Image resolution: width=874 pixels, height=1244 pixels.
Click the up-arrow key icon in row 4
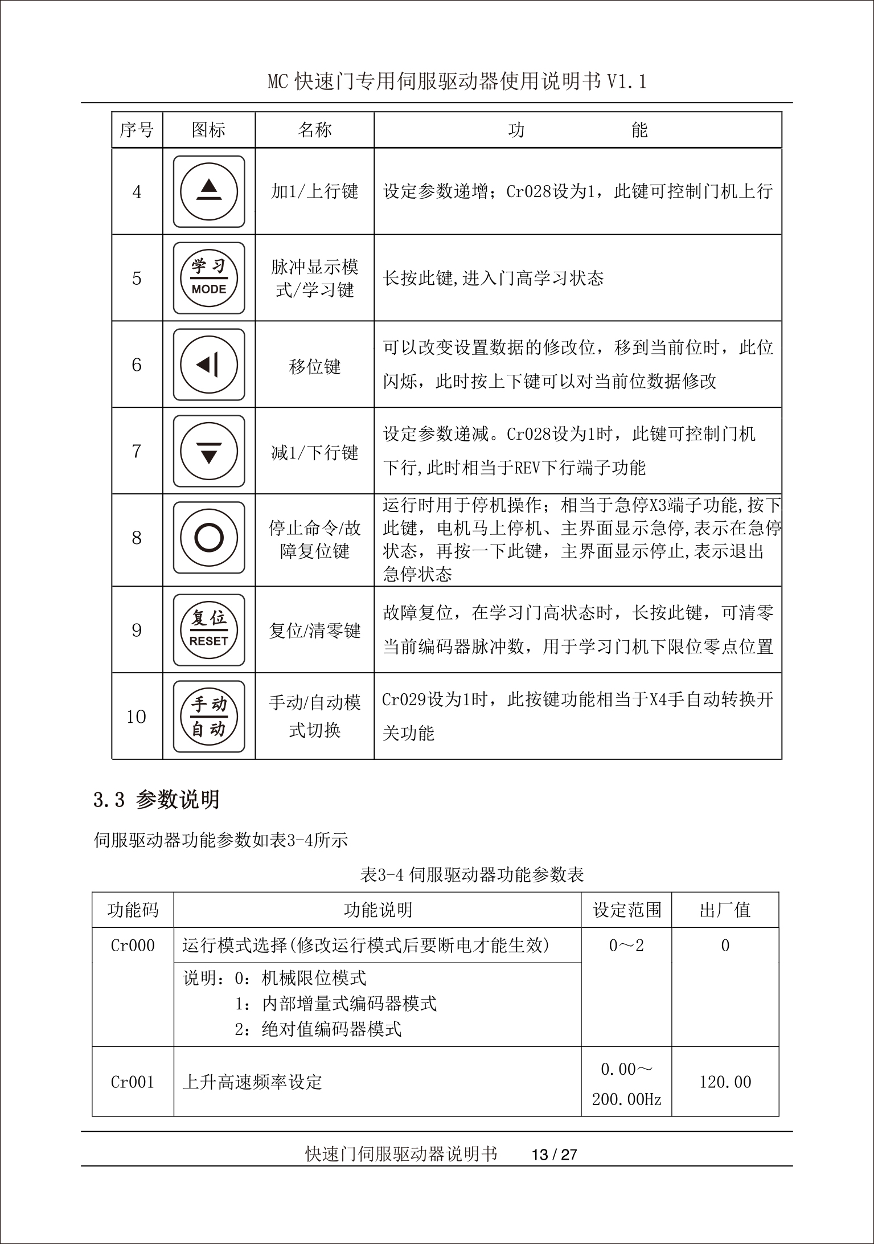tap(209, 191)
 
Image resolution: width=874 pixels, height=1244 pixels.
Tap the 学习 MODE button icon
tap(209, 278)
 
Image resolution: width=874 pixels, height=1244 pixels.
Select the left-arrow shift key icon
tap(209, 365)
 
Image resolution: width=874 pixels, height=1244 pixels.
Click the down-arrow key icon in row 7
tap(209, 451)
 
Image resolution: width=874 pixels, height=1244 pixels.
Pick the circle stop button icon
tap(209, 538)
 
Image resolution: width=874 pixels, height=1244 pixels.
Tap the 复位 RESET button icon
tap(209, 630)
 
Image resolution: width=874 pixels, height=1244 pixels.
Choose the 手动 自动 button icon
tap(209, 717)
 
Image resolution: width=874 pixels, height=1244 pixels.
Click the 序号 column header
tap(137, 130)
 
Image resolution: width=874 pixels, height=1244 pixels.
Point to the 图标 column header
tap(208, 130)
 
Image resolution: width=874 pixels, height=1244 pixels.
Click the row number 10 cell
tap(137, 717)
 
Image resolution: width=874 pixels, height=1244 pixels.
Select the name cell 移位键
tap(314, 366)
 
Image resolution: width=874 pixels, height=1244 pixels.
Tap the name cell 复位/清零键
tap(314, 631)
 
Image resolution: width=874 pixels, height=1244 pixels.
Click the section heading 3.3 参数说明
tap(157, 800)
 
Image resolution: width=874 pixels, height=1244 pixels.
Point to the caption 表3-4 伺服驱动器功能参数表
tap(472, 874)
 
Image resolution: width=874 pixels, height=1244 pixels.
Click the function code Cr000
tap(133, 946)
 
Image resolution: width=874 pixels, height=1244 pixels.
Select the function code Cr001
tap(133, 1082)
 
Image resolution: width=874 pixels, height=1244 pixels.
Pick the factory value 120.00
tap(725, 1082)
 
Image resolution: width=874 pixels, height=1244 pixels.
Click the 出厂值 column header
tap(725, 910)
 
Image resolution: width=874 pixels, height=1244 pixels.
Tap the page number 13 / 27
tap(554, 1155)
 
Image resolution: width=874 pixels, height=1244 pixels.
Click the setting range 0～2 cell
tap(626, 946)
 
